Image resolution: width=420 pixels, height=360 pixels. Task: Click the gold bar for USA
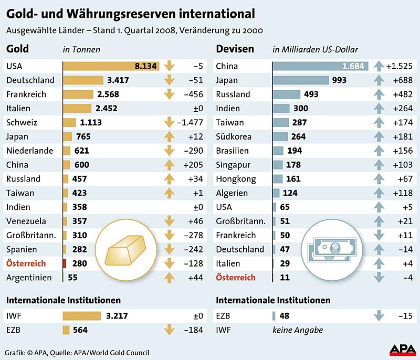coord(111,66)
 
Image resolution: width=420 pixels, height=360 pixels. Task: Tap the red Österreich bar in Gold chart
coord(65,263)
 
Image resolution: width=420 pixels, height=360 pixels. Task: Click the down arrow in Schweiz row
coord(169,122)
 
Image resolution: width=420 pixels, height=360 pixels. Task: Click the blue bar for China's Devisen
coord(320,66)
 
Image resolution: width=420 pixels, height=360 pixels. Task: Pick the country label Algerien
coord(232,193)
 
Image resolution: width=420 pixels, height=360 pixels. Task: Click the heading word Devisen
coord(235,49)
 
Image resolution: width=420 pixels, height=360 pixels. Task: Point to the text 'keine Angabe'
coord(297,330)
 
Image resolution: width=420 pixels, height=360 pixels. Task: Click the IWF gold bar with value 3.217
coord(81,316)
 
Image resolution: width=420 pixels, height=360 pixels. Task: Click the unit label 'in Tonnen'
coord(81,50)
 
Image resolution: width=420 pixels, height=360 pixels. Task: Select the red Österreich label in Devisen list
coord(236,277)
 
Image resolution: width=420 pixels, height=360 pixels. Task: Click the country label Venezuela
coord(26,221)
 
